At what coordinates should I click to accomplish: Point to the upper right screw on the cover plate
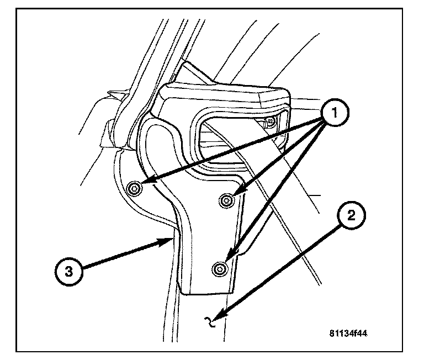[225, 199]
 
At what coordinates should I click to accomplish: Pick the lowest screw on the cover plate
[220, 268]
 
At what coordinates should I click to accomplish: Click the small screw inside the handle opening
[271, 121]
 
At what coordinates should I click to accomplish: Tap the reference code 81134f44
[349, 333]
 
